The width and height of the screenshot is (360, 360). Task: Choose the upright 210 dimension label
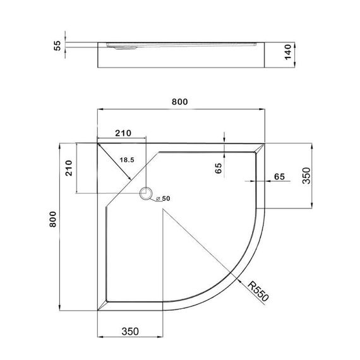click(x=123, y=133)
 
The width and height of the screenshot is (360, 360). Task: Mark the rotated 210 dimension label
click(x=70, y=168)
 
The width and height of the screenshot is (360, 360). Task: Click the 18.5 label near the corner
click(x=127, y=160)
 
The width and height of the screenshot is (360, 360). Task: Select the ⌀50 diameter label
click(x=162, y=199)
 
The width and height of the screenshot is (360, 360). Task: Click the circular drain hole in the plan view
click(x=148, y=194)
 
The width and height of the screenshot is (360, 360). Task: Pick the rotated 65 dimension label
click(x=218, y=168)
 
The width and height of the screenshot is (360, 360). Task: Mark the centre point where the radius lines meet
click(x=163, y=210)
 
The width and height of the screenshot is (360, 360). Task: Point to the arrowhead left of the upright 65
click(x=260, y=181)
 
